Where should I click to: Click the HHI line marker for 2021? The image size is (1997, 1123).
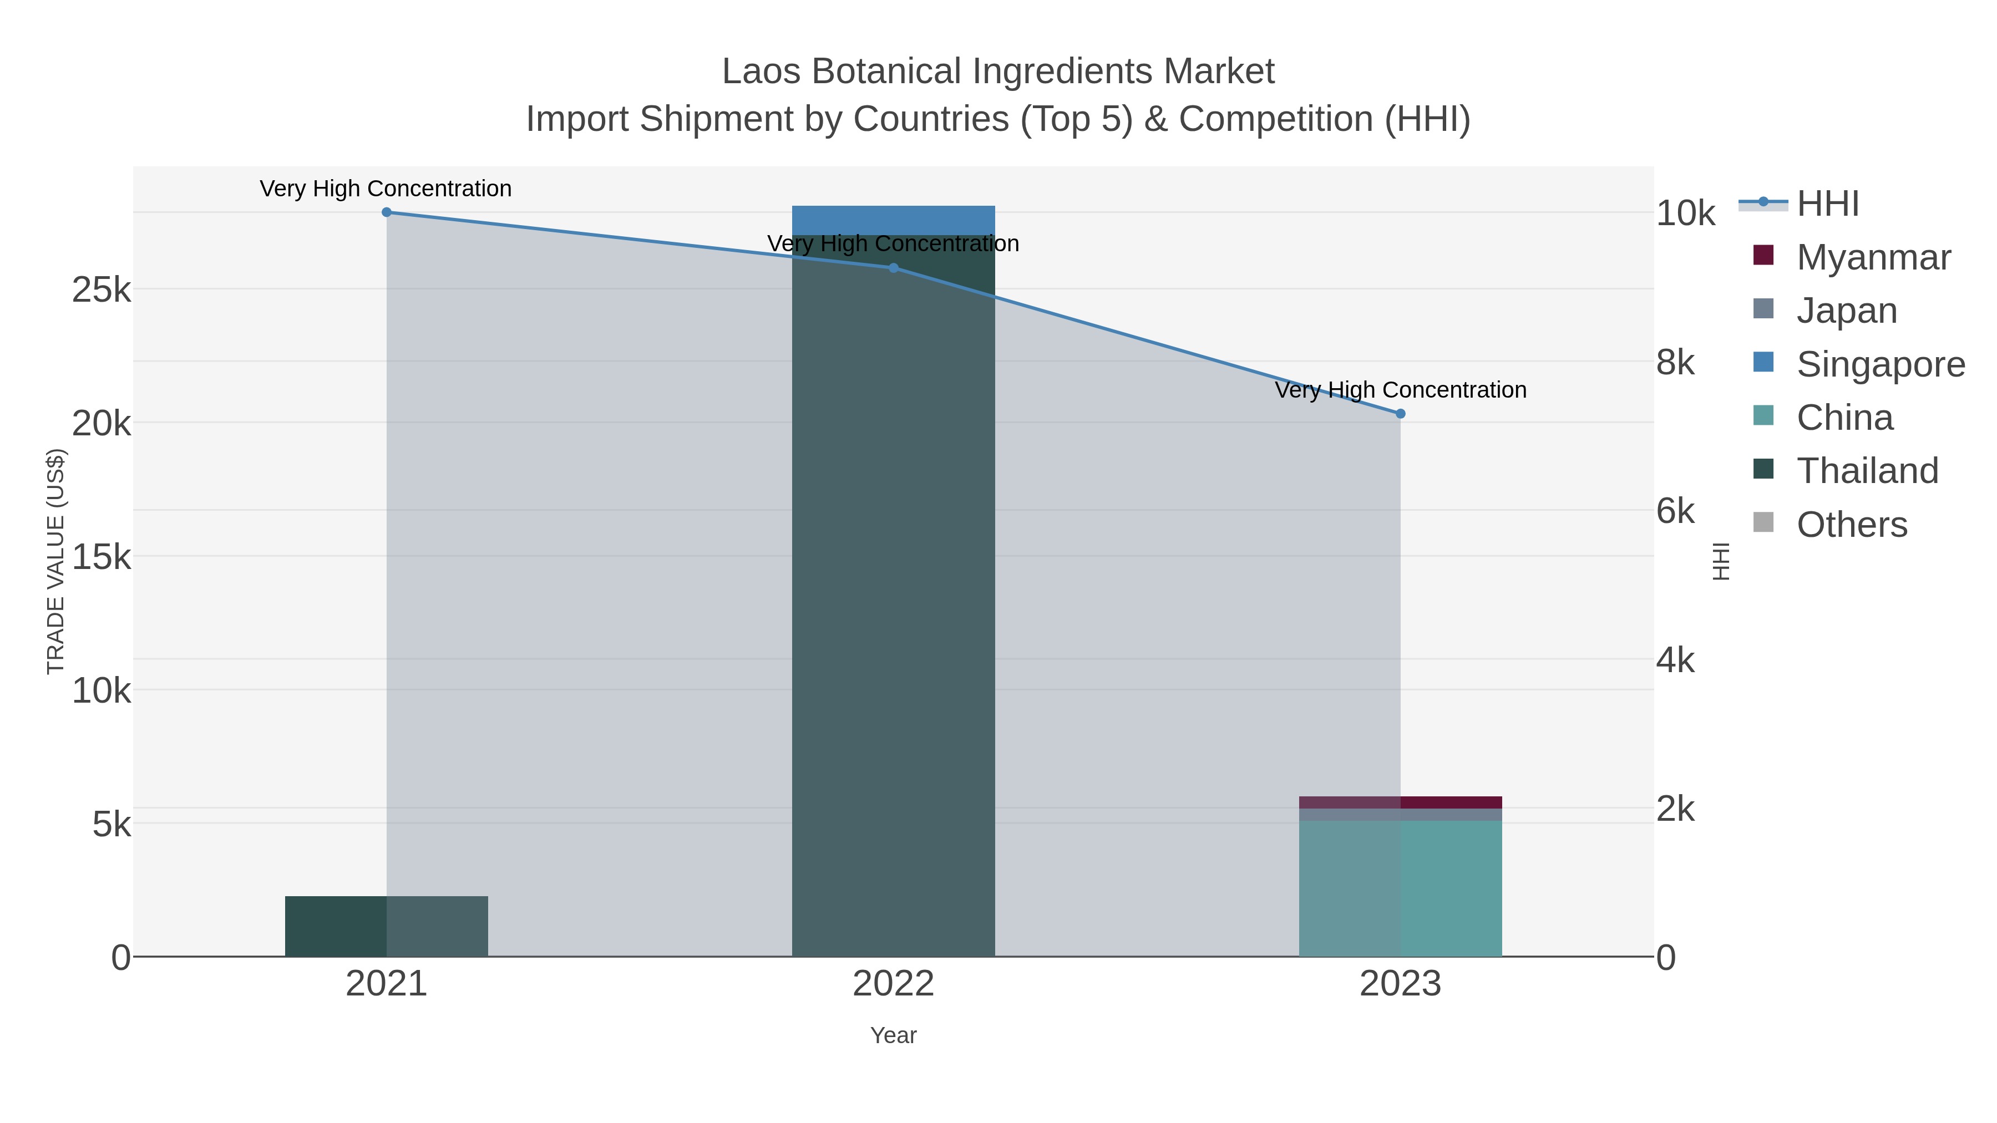click(387, 212)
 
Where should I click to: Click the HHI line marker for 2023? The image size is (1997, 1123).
click(1400, 414)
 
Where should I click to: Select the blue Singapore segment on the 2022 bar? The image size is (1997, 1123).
click(893, 220)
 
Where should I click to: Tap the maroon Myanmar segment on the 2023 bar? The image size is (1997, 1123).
click(1400, 802)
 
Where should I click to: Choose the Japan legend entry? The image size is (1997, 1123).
click(1846, 311)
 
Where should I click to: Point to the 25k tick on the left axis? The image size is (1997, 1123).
click(102, 291)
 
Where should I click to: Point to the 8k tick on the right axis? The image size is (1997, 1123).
click(1675, 363)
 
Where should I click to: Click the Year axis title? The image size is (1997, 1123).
click(893, 1035)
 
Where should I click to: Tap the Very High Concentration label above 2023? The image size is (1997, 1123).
click(1400, 390)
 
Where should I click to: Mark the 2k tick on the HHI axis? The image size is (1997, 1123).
click(1675, 809)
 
